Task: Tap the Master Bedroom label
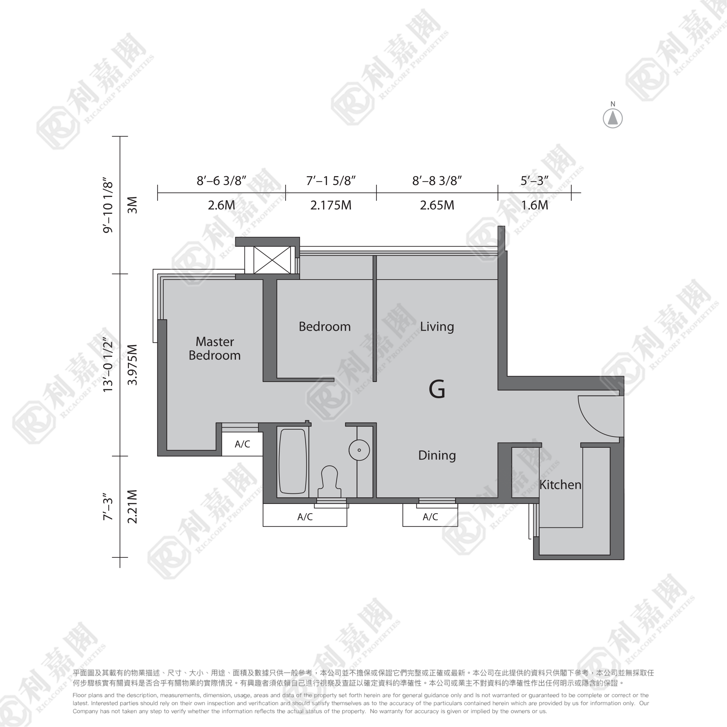click(x=214, y=348)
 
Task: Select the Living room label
click(x=437, y=326)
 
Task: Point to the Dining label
click(x=437, y=455)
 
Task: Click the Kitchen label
click(x=560, y=485)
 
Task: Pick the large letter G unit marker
click(x=437, y=389)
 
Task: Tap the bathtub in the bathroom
click(x=293, y=461)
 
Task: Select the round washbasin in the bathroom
click(x=359, y=450)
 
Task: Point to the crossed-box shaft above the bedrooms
click(x=272, y=260)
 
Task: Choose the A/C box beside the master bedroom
click(x=242, y=444)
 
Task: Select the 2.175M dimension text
click(x=331, y=206)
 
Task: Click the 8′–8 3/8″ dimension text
click(x=437, y=181)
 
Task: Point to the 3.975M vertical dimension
click(x=133, y=364)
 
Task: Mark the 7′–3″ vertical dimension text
click(x=108, y=507)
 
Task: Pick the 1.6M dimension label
click(x=534, y=206)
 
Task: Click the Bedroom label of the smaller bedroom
click(x=325, y=326)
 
